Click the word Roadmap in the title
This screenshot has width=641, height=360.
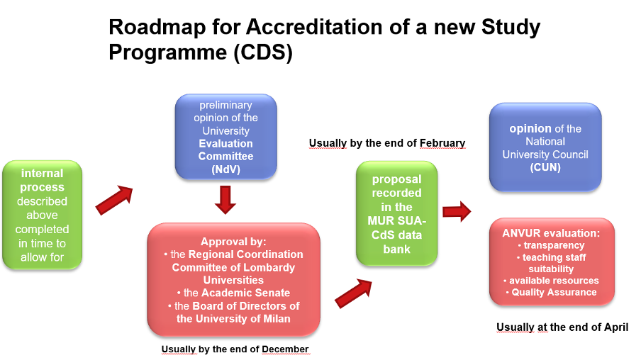[x=157, y=28]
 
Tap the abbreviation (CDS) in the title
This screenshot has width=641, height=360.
[x=263, y=52]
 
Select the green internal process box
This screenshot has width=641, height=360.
[x=42, y=215]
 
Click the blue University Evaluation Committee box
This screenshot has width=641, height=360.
[x=225, y=137]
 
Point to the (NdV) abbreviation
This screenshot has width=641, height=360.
[x=225, y=169]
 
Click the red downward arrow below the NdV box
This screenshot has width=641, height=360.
[x=225, y=200]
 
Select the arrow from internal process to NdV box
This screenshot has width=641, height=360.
[x=114, y=201]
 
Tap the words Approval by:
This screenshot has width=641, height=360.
[x=233, y=242]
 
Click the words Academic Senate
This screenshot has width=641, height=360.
[x=245, y=293]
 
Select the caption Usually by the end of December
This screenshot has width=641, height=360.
[x=235, y=349]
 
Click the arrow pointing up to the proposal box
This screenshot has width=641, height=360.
[x=354, y=293]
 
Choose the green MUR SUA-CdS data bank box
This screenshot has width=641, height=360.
[x=396, y=214]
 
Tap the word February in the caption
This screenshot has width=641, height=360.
[x=442, y=143]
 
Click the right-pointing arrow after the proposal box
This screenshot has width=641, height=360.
[x=457, y=211]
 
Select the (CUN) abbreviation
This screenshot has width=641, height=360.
[x=545, y=167]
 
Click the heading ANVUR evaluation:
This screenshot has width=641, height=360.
[x=551, y=233]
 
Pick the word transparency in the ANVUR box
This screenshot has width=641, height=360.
[x=554, y=245]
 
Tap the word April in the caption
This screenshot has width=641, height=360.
[x=616, y=327]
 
